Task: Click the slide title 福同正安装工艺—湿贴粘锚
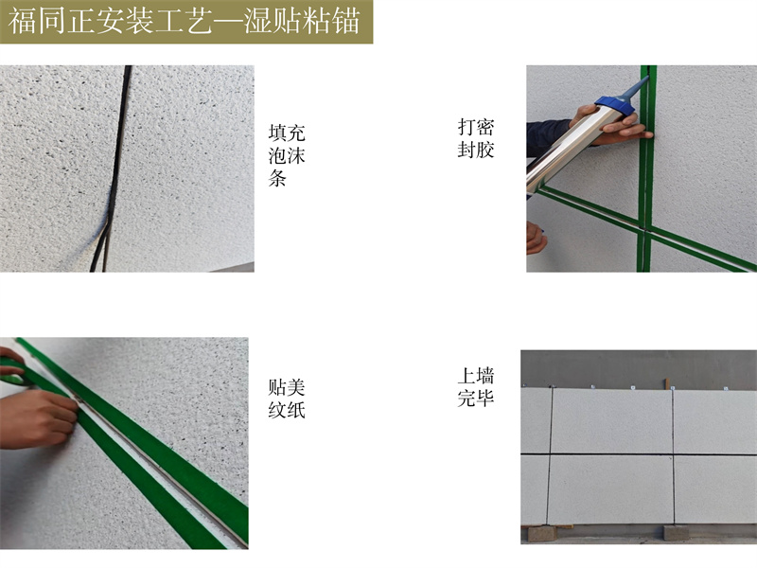point(185,22)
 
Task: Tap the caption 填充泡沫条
point(287,155)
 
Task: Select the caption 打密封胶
point(476,138)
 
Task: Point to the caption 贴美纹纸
point(287,399)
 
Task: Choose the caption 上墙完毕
point(476,387)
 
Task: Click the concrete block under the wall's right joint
point(676,532)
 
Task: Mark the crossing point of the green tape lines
point(645,228)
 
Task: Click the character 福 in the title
point(22,22)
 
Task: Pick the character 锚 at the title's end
point(346,22)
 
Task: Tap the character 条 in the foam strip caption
point(277,179)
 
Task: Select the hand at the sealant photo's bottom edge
point(536,238)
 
